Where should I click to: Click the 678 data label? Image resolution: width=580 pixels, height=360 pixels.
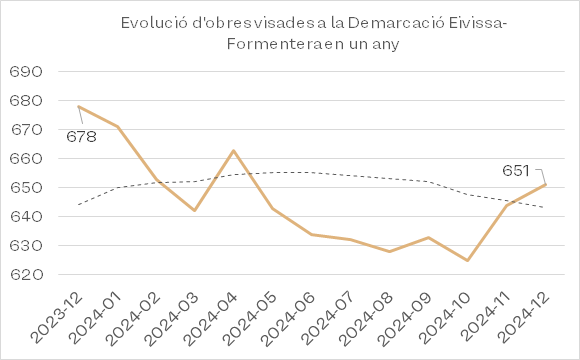pyautogui.click(x=81, y=137)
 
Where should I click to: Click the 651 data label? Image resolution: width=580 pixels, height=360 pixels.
pyautogui.click(x=516, y=171)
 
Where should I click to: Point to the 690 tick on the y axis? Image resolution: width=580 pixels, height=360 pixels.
pyautogui.click(x=26, y=71)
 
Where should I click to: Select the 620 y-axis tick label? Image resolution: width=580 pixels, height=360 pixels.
pyautogui.click(x=26, y=275)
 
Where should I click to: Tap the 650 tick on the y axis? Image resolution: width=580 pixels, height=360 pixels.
pyautogui.click(x=26, y=188)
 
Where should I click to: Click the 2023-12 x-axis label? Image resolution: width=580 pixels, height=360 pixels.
pyautogui.click(x=57, y=318)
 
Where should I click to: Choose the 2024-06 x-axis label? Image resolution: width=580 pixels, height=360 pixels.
pyautogui.click(x=291, y=318)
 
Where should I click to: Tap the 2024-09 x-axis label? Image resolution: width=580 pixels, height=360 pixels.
pyautogui.click(x=407, y=318)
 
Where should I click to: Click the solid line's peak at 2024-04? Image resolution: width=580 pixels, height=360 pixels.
pyautogui.click(x=233, y=151)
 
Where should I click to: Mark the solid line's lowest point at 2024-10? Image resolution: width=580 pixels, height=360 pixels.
pyautogui.click(x=468, y=260)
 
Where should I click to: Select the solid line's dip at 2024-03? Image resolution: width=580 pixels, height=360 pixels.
pyautogui.click(x=195, y=210)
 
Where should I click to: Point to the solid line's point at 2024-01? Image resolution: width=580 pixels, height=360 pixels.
pyautogui.click(x=118, y=127)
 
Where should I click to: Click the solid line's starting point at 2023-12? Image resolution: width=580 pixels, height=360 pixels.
pyautogui.click(x=79, y=107)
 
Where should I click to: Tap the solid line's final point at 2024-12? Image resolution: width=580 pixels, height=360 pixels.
pyautogui.click(x=545, y=184)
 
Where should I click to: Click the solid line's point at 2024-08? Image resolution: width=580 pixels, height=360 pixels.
pyautogui.click(x=390, y=252)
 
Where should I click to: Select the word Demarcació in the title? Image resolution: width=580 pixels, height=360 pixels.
pyautogui.click(x=396, y=23)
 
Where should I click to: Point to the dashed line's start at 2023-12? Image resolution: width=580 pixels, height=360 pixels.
pyautogui.click(x=79, y=205)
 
